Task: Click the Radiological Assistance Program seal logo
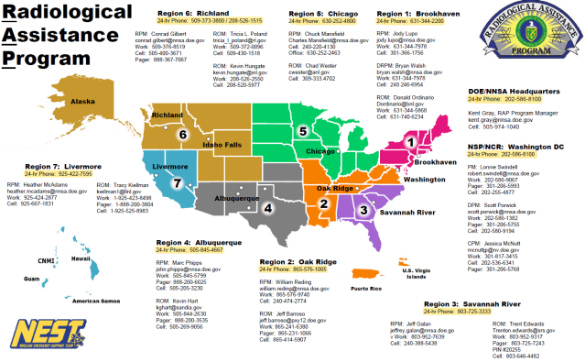534,41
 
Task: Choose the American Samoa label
100,276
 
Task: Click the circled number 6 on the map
183,135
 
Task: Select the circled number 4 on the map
267,207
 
